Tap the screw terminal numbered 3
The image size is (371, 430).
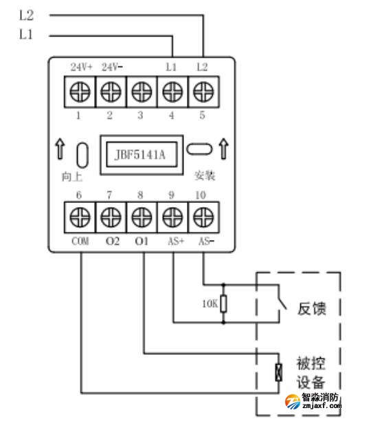[x=140, y=91]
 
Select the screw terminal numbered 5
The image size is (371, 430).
[x=201, y=91]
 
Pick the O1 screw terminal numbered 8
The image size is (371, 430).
[x=140, y=217]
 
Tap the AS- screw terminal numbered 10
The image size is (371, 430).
[x=201, y=217]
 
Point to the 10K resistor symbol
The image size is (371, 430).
[x=223, y=303]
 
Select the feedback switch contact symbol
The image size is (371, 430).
[x=280, y=302]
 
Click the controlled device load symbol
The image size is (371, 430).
[x=278, y=372]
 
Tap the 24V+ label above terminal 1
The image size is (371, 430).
[x=81, y=67]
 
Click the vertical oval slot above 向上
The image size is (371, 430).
[x=81, y=155]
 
